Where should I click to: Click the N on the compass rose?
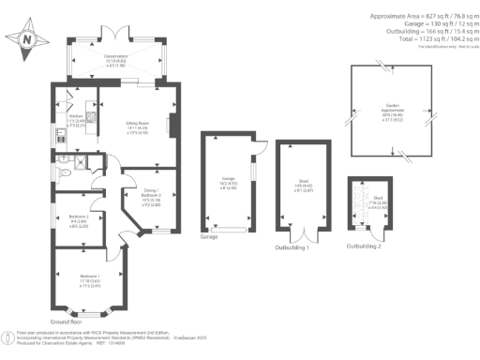[26, 39]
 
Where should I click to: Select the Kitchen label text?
[65, 119]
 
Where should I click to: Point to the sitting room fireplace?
[170, 124]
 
